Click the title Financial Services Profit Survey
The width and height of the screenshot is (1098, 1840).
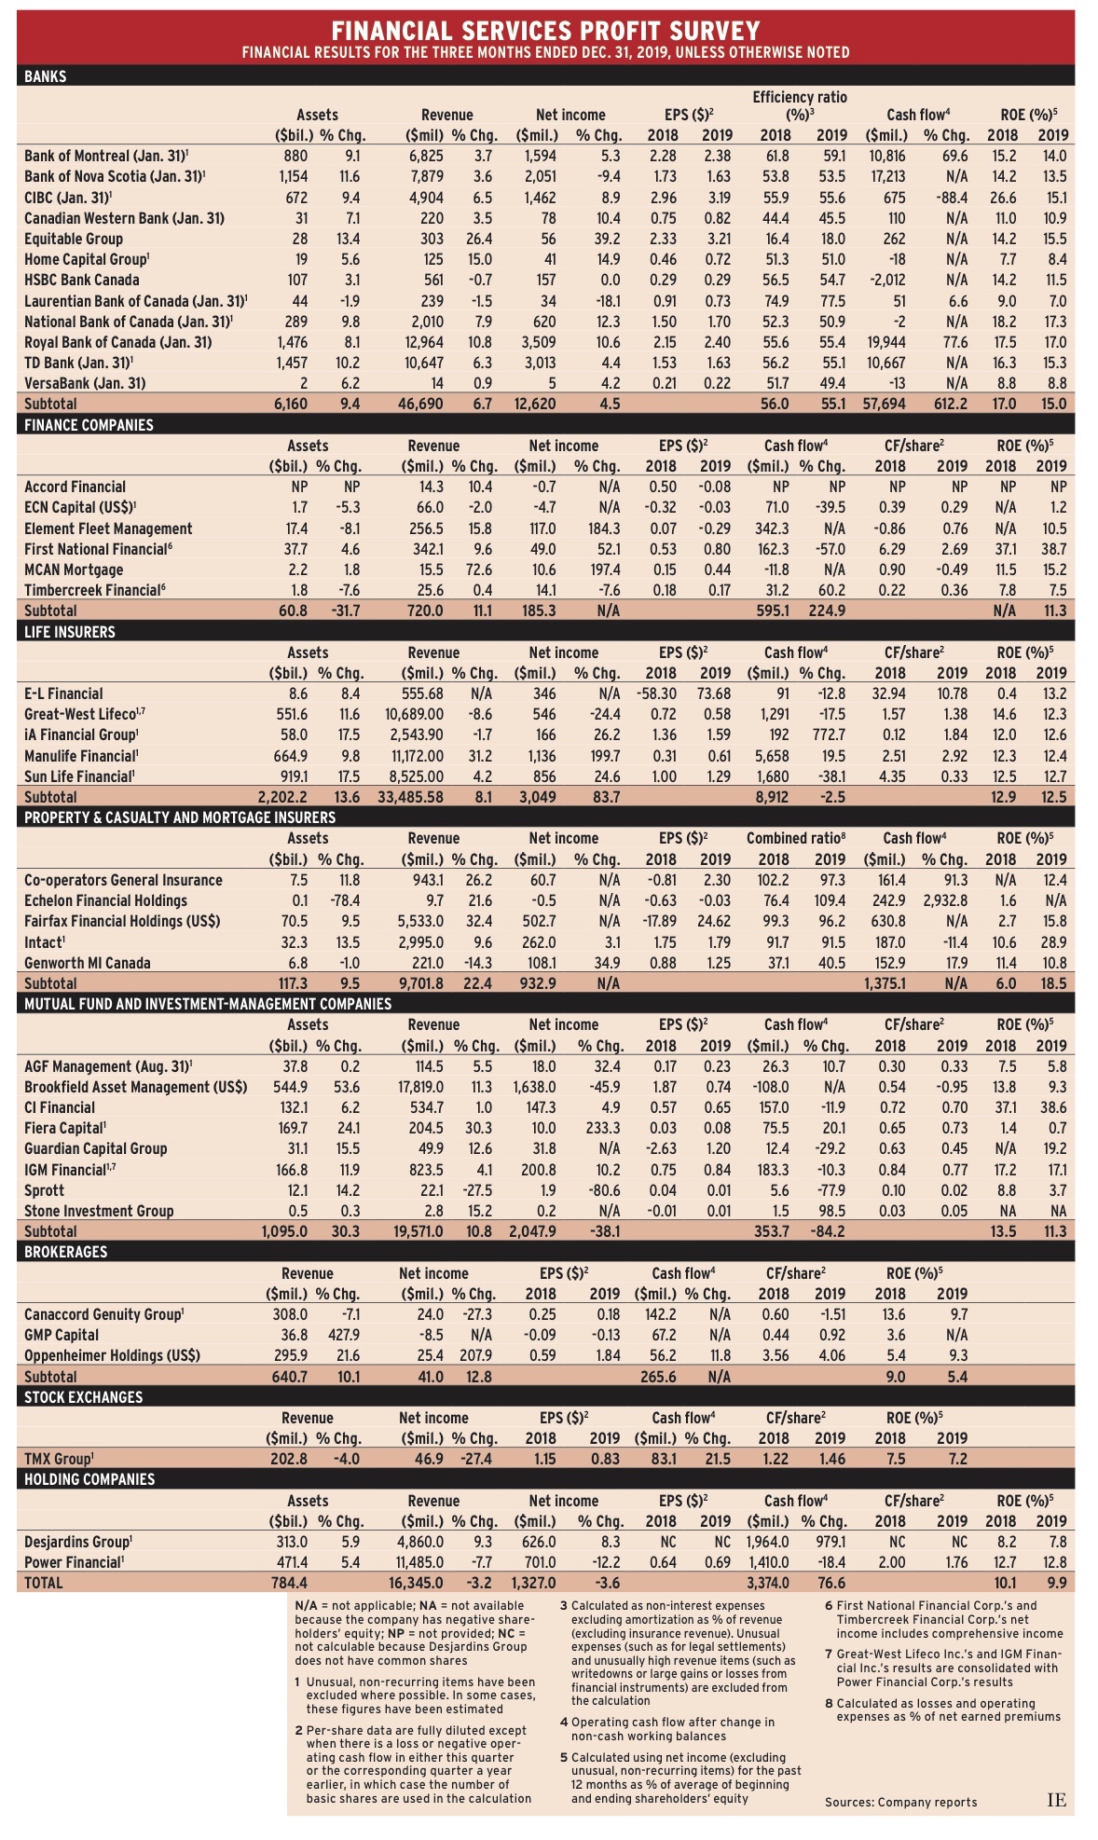pos(545,31)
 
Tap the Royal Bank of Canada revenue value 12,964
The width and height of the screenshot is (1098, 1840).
pos(421,342)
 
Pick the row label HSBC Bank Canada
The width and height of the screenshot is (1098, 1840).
pos(82,280)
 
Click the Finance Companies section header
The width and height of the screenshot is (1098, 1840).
pos(89,425)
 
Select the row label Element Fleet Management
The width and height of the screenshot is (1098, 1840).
pos(108,529)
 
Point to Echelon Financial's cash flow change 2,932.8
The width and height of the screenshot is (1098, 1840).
pos(945,900)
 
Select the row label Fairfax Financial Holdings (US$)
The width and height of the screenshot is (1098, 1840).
pos(122,921)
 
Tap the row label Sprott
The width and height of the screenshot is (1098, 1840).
pos(45,1190)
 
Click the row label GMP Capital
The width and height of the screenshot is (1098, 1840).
pos(62,1335)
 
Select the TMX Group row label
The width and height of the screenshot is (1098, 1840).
pos(58,1459)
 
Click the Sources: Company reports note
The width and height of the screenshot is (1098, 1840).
pos(900,1802)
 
